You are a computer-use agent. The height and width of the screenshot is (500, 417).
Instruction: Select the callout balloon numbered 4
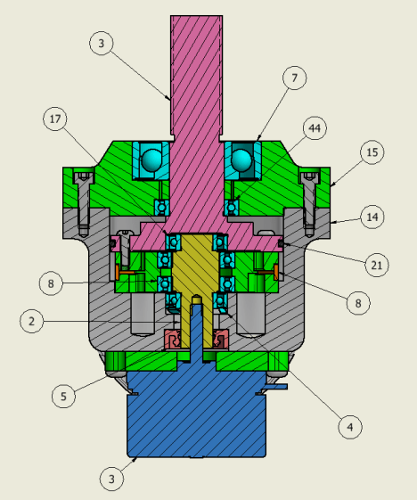pos(351,427)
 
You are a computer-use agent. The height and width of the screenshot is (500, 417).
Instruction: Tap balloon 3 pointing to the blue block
pos(111,480)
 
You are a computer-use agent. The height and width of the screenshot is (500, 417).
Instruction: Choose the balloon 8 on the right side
pos(358,303)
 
